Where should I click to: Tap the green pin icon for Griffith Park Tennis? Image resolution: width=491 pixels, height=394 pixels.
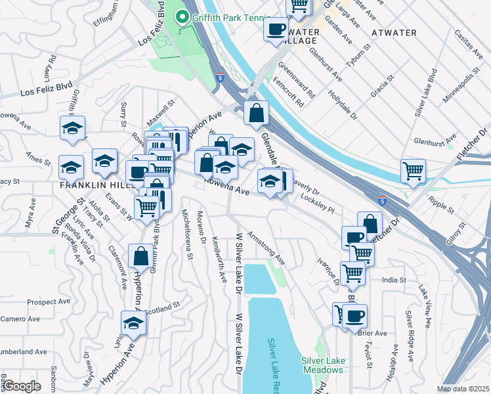[x=180, y=18]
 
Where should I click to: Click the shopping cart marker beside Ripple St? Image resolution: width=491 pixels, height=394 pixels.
[x=414, y=171]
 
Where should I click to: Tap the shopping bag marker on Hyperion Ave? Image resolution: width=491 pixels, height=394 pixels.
[x=140, y=257]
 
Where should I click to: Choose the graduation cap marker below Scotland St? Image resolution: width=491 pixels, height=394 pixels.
[x=133, y=323]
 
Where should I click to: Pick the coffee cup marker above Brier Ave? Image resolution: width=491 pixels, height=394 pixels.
[x=354, y=316]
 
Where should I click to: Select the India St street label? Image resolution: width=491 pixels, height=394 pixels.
[x=394, y=280]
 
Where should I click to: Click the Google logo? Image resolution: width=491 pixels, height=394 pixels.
[x=22, y=386]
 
